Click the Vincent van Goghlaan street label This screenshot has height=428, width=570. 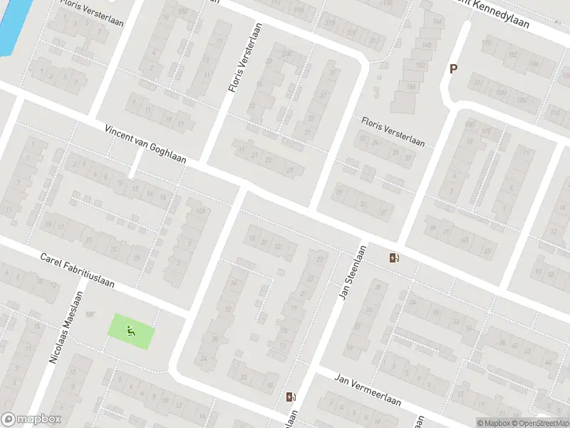pyautogui.click(x=145, y=144)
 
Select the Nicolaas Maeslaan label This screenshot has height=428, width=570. pyautogui.click(x=66, y=327)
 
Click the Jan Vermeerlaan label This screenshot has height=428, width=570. pyautogui.click(x=368, y=391)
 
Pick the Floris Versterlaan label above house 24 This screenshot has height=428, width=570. pyautogui.click(x=393, y=132)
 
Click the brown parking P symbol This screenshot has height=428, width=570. pyautogui.click(x=452, y=69)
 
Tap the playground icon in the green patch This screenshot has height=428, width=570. pyautogui.click(x=130, y=330)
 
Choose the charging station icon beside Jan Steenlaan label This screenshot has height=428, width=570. pyautogui.click(x=394, y=258)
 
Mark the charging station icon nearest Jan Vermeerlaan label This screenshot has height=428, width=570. pyautogui.click(x=290, y=397)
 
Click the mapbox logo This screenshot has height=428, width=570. pyautogui.click(x=31, y=419)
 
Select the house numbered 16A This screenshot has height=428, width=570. pyautogui.click(x=200, y=211)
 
